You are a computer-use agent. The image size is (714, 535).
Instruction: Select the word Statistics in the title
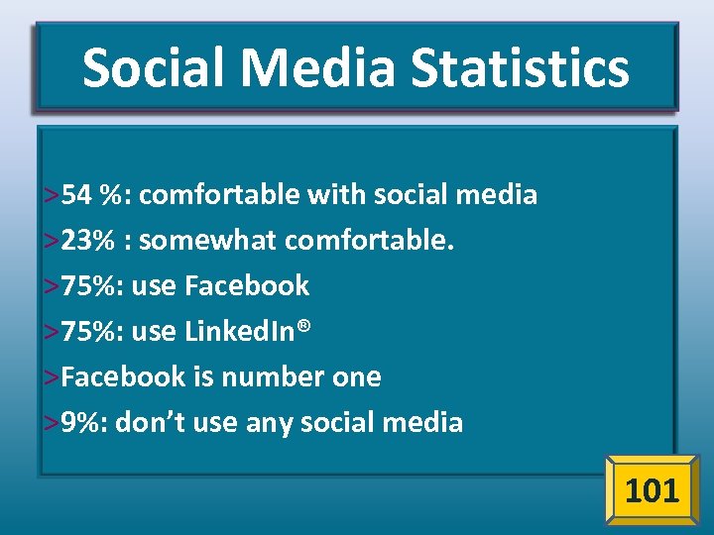point(520,67)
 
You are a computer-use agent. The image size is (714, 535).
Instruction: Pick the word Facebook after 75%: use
point(247,285)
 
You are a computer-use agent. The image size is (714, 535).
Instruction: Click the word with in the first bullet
point(336,194)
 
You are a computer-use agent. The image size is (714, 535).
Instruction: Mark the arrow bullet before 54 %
point(51,195)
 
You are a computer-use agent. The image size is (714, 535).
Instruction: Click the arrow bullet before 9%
point(51,424)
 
